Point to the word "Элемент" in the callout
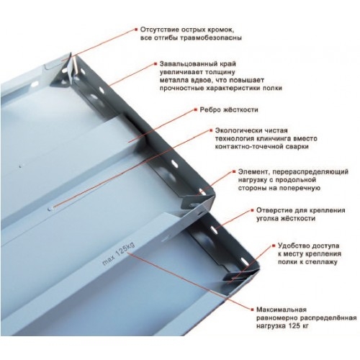251,172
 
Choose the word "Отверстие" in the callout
255,210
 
